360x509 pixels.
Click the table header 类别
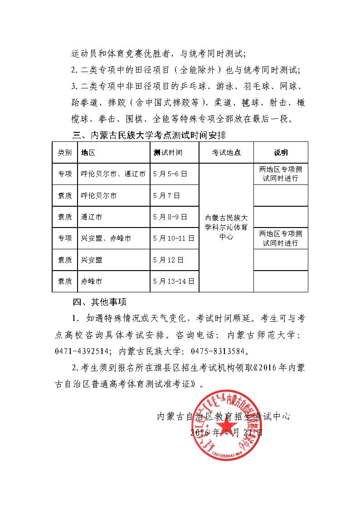coord(64,153)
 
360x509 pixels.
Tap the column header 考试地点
coord(226,153)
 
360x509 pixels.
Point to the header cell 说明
coord(281,153)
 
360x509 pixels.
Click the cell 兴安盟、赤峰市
coord(106,238)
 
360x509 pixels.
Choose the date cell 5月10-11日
coord(174,238)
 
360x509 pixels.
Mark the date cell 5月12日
coord(168,260)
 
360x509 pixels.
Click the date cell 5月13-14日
coord(174,281)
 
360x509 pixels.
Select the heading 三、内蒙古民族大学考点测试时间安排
coord(149,135)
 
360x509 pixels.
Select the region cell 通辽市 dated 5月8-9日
coord(92,217)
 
